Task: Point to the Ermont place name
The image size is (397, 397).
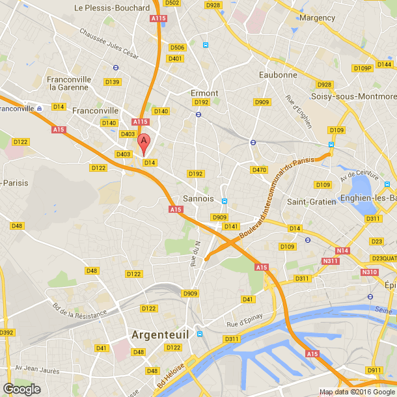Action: (x=204, y=93)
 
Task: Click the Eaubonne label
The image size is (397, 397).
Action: (x=278, y=75)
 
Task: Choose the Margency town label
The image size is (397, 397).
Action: (x=318, y=18)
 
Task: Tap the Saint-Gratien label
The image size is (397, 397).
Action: (x=312, y=202)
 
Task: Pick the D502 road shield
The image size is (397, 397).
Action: (x=172, y=3)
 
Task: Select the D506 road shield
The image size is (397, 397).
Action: (x=177, y=48)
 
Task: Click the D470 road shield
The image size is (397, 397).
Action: (x=259, y=170)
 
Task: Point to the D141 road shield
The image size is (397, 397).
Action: (x=230, y=226)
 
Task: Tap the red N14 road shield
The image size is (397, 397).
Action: (x=342, y=251)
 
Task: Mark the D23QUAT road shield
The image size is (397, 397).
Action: (x=384, y=258)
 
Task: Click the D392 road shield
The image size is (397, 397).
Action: (x=6, y=333)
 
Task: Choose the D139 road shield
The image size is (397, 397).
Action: (x=112, y=82)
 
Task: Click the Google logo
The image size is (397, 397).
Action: (x=21, y=389)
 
